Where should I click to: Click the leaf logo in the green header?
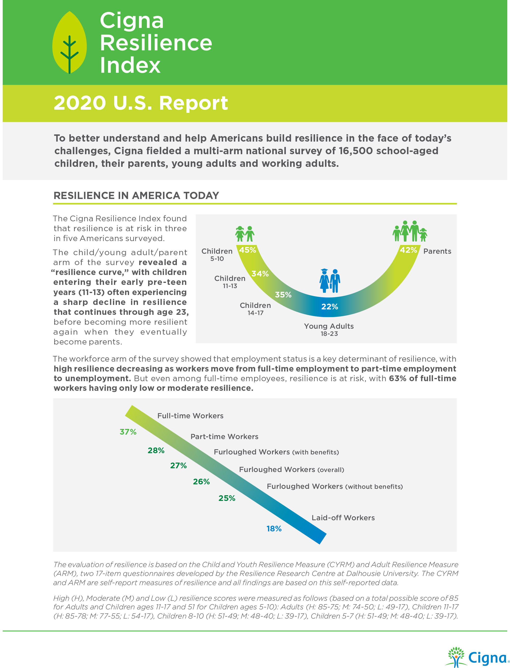pyautogui.click(x=70, y=43)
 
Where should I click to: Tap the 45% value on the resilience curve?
pyautogui.click(x=247, y=250)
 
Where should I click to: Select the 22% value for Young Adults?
pyautogui.click(x=329, y=307)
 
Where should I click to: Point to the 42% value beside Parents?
pyautogui.click(x=408, y=250)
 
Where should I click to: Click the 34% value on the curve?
pyautogui.click(x=260, y=274)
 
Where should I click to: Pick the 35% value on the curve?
pyautogui.click(x=283, y=295)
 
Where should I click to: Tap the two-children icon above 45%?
pyautogui.click(x=245, y=234)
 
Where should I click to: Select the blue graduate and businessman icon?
pyautogui.click(x=330, y=281)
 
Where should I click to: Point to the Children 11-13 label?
pyautogui.click(x=230, y=281)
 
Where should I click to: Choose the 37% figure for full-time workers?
pyautogui.click(x=128, y=432)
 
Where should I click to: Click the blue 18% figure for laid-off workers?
pyautogui.click(x=274, y=529)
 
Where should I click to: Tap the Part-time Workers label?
pyautogui.click(x=224, y=437)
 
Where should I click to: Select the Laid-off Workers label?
pyautogui.click(x=343, y=518)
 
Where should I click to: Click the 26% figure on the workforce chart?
pyautogui.click(x=201, y=481)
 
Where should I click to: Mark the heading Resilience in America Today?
pyautogui.click(x=136, y=195)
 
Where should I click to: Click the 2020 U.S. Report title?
pyautogui.click(x=140, y=103)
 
